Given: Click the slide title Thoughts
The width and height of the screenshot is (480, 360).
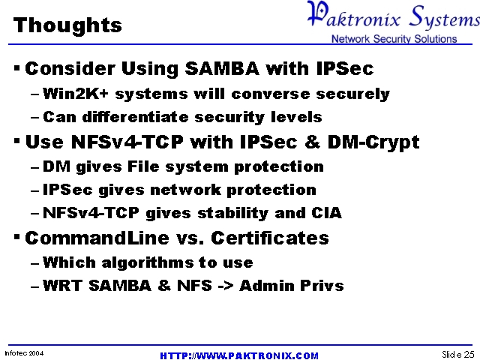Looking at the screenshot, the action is (x=67, y=25).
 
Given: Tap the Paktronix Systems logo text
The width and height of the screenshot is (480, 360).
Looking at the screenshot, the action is (x=394, y=15).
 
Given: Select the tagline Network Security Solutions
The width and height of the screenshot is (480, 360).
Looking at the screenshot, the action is (x=394, y=39).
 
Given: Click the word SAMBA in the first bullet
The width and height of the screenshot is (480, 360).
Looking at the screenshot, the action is (x=222, y=68).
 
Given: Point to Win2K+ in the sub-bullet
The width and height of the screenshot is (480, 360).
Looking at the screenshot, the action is (x=76, y=94).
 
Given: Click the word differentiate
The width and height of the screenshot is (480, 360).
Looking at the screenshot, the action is (x=135, y=117).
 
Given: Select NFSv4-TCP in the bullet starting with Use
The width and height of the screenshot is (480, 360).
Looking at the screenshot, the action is (x=127, y=142).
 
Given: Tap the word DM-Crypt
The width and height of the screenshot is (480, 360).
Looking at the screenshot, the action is (x=373, y=142).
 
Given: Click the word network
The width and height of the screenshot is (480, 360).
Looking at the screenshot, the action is (x=185, y=190).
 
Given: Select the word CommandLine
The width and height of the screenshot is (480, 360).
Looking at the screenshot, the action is (x=97, y=238).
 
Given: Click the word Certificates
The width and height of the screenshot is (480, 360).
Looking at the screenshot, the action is (x=270, y=238).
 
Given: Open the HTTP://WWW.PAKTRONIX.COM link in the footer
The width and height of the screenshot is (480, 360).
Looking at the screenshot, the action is (x=239, y=355).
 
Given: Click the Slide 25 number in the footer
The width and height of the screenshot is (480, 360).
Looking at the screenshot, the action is (x=458, y=354).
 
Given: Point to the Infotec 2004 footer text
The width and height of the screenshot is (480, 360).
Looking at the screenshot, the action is (x=24, y=353).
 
